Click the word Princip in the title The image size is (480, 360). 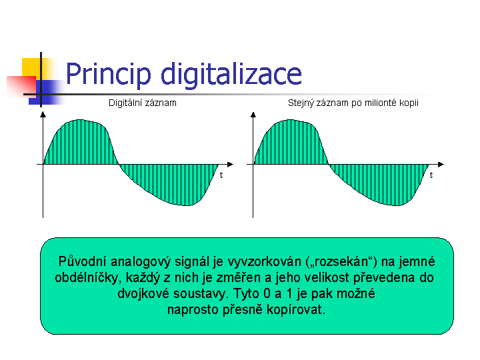pos(109,75)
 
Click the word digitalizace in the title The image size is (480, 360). pos(231,75)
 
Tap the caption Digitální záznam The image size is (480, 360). pos(143,103)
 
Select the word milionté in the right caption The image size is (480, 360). pos(381,103)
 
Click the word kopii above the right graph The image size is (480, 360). pos(409,103)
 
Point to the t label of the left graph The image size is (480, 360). pos(221,175)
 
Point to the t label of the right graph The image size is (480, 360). pos(431,175)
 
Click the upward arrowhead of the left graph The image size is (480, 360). pos(43,115)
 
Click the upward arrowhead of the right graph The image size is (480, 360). pos(253,115)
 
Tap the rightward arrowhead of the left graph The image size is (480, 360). pos(231,165)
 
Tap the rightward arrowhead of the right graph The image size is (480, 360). pos(441,165)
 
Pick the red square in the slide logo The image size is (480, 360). pos(21,87)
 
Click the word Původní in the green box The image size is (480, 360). pos(83,262)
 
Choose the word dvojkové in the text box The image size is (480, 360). pos(143,293)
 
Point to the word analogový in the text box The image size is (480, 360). pos(141,262)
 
